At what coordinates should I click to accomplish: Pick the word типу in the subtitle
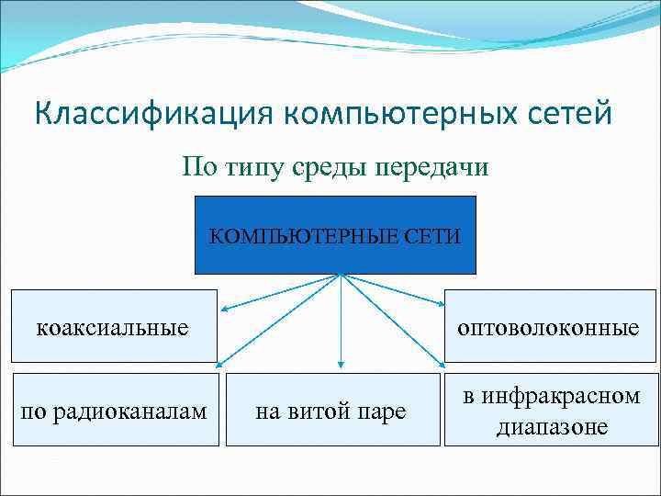point(260,167)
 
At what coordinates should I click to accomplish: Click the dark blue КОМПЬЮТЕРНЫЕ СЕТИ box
point(335,235)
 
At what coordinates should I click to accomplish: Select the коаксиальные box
point(115,325)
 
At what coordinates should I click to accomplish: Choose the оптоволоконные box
point(552,327)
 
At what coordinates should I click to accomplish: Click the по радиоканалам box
point(114,410)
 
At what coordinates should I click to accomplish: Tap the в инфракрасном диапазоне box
point(552,410)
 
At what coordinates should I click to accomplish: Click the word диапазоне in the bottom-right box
point(552,426)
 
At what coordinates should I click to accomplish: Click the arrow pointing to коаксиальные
point(280,291)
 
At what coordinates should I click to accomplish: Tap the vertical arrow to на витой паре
point(342,321)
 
